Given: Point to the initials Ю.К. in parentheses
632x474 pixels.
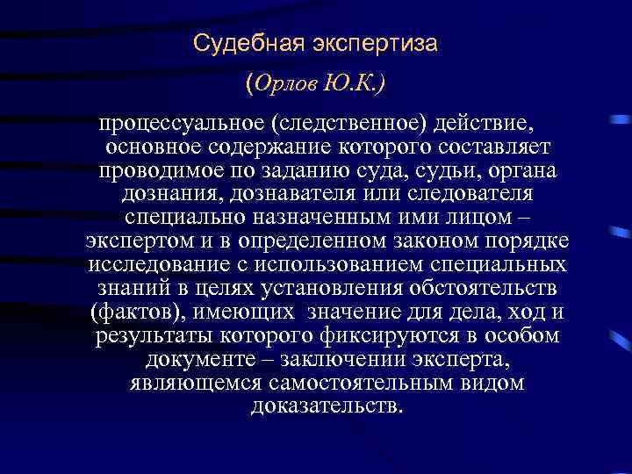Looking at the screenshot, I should pos(355,84).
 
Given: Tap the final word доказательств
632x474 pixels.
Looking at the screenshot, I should pos(327,406).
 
